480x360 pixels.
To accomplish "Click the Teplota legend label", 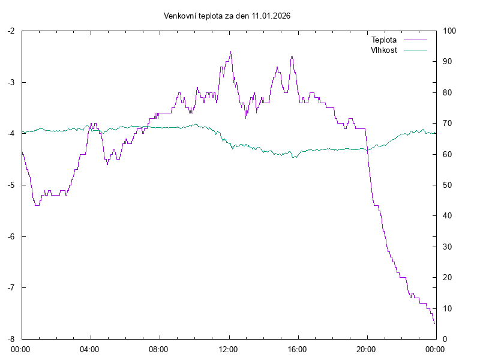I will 384,40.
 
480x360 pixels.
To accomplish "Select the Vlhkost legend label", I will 384,50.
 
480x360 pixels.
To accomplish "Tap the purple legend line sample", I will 415,40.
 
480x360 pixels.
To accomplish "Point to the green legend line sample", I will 415,50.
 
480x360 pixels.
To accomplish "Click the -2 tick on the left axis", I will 11,31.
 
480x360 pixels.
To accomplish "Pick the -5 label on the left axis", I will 11,185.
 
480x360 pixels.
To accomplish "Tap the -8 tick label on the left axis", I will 11,339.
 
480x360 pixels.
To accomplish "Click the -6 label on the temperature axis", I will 11,236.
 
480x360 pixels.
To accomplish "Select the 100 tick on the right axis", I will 449,31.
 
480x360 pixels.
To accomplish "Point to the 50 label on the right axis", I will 448,185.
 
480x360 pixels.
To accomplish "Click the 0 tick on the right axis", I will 445,339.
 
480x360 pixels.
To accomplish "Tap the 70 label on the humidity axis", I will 448,124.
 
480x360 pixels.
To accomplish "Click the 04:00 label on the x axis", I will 90,349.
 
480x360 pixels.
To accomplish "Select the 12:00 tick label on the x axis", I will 229,349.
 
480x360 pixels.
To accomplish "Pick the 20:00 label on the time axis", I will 367,349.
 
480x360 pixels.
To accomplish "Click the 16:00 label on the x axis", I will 298,349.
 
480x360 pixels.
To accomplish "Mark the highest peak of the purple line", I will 230,52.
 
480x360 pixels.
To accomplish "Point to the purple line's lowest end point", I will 434,323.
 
